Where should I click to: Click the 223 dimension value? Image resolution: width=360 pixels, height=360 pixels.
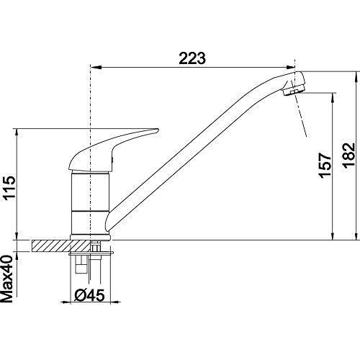[x=192, y=58]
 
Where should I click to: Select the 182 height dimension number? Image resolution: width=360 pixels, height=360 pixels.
[x=348, y=155]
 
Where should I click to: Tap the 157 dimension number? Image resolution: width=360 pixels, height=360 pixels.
[x=325, y=165]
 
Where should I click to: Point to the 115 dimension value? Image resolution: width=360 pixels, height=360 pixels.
[x=10, y=187]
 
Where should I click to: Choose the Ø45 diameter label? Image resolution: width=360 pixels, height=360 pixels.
[x=89, y=295]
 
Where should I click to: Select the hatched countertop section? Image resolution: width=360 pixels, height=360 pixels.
[x=60, y=246]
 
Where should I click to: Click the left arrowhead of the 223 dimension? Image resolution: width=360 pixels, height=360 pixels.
[x=95, y=68]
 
